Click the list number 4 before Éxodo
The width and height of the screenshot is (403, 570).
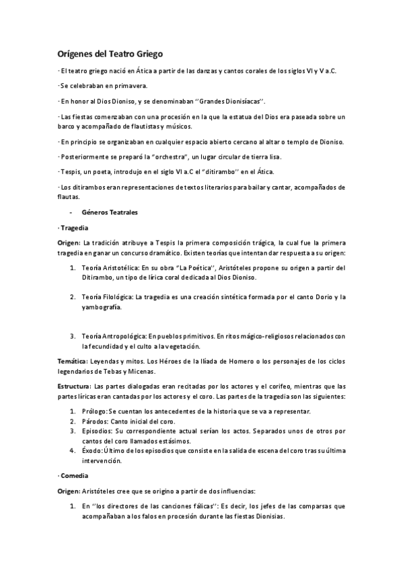73,450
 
